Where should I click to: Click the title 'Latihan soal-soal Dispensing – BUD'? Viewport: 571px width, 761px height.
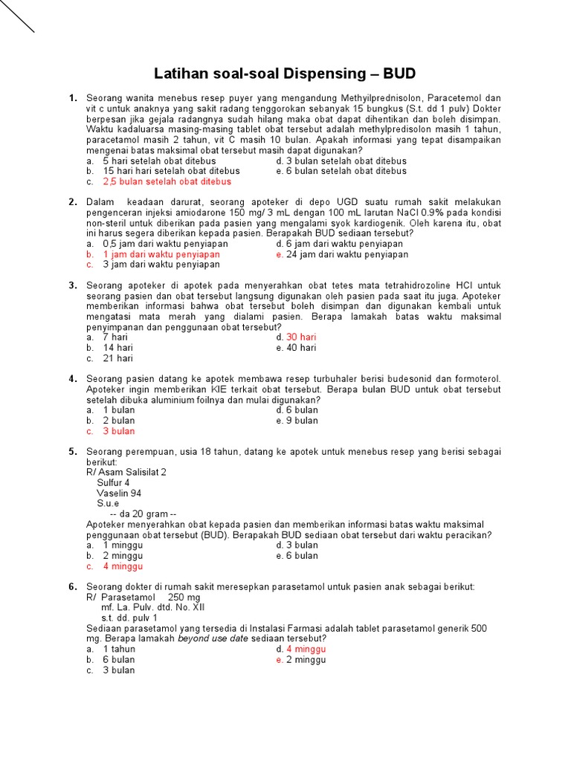click(x=284, y=74)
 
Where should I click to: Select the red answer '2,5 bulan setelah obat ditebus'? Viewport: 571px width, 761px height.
click(x=167, y=181)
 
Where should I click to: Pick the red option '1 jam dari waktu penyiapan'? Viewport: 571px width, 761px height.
click(x=161, y=253)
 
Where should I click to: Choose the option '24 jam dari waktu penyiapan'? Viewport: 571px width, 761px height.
click(x=347, y=253)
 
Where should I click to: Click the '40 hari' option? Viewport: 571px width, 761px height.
click(x=301, y=347)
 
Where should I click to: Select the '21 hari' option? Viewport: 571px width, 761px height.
click(x=117, y=357)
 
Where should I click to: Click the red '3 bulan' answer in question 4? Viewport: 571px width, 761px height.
click(x=118, y=430)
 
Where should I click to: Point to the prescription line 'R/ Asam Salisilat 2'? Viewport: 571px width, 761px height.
click(x=126, y=472)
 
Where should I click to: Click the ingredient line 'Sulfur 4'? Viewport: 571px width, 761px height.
click(x=113, y=482)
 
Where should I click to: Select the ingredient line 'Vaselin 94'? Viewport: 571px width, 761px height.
click(x=119, y=493)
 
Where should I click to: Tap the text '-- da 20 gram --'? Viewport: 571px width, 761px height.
click(x=143, y=514)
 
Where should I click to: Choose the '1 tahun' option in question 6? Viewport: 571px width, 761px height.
click(x=119, y=649)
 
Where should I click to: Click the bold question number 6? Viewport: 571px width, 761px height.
click(x=73, y=586)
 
